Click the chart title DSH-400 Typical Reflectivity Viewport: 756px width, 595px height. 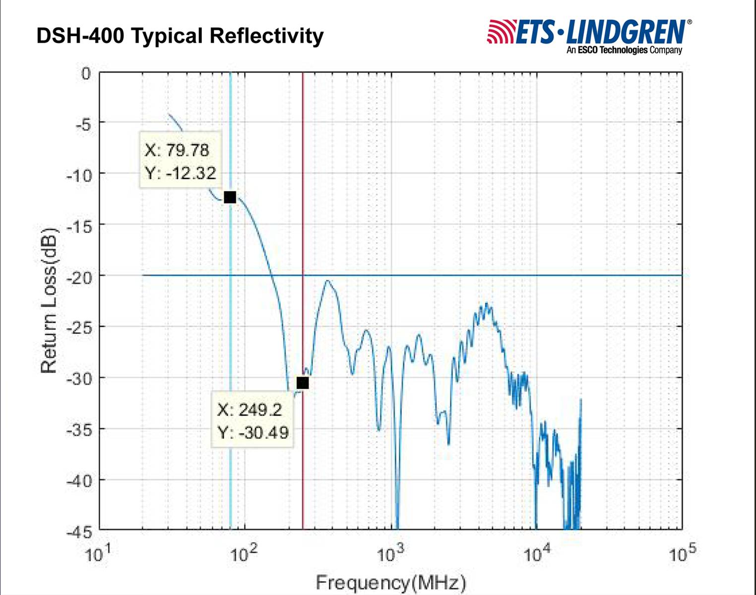[180, 36]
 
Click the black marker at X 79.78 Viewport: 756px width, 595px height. [230, 197]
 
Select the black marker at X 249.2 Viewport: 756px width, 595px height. [303, 383]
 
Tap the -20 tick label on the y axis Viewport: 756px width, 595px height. [79, 277]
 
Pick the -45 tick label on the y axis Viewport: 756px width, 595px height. [79, 532]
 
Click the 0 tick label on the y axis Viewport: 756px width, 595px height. [86, 73]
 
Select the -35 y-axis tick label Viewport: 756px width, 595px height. [79, 429]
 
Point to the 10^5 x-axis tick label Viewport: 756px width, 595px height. [683, 552]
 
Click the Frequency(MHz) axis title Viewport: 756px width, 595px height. [391, 582]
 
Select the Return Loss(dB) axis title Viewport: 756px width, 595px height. [49, 300]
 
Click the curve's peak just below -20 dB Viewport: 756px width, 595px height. [327, 281]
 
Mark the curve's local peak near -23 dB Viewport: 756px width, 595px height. [487, 304]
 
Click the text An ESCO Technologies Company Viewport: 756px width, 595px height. [625, 50]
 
